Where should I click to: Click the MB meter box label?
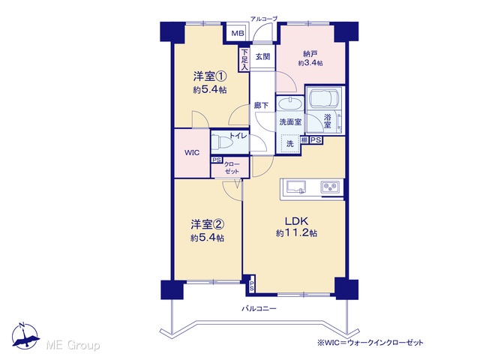(x=238, y=33)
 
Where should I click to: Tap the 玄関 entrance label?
(x=262, y=57)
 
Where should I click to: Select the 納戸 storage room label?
(x=310, y=54)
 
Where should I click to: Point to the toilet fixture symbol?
(x=221, y=142)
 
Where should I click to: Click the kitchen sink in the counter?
(x=296, y=187)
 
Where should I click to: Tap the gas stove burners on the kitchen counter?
(x=330, y=187)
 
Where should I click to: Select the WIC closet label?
(x=192, y=152)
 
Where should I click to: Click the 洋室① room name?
(x=210, y=76)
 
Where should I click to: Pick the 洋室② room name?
(x=208, y=225)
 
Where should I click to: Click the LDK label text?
(x=296, y=220)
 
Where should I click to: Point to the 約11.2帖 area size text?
(x=296, y=233)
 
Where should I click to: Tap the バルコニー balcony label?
(x=259, y=308)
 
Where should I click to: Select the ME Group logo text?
(x=73, y=345)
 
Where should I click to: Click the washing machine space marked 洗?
(x=290, y=143)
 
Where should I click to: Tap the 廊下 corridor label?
(x=261, y=106)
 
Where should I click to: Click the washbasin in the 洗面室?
(x=289, y=103)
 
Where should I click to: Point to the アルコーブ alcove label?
(x=264, y=19)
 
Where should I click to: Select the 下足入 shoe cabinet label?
(x=244, y=59)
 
